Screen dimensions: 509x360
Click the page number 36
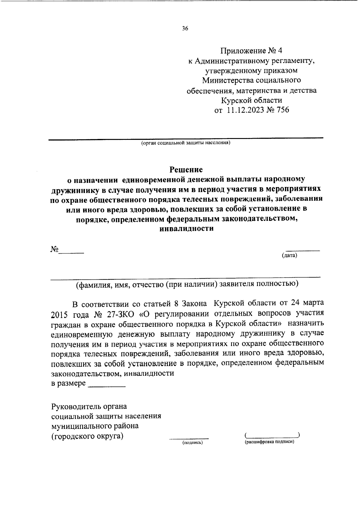[185, 29]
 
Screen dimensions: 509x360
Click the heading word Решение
[186, 170]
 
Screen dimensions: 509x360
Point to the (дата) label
[289, 256]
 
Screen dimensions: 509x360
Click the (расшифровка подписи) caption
[269, 442]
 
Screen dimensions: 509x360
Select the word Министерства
[228, 80]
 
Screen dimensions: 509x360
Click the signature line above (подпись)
[189, 438]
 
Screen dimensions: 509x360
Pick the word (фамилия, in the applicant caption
[93, 284]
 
